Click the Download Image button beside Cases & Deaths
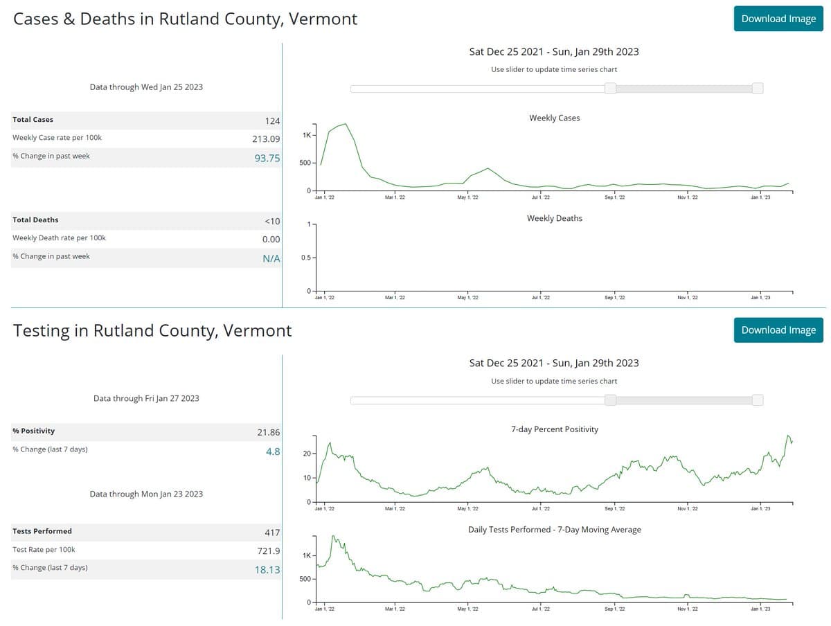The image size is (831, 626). coord(778,19)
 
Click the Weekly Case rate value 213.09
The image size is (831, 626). coord(266,138)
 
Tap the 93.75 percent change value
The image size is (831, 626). coord(267,158)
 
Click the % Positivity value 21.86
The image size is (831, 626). coord(268,432)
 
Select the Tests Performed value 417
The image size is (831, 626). coord(272,533)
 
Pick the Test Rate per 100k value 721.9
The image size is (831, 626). coord(268,551)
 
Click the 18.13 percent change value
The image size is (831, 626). coord(267,569)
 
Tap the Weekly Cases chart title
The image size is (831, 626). coord(554,118)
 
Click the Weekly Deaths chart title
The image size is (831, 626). coord(554,218)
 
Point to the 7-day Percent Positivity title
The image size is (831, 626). coord(554,429)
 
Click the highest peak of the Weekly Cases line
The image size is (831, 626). coord(345,124)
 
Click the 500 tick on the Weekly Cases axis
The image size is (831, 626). coord(305,163)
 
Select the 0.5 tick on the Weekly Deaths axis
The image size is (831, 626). coord(306,258)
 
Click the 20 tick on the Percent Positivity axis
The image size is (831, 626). coord(307,454)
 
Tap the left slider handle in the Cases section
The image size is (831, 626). coord(610,89)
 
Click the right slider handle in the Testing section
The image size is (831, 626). coord(758,400)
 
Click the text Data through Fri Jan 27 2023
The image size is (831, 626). coord(146,398)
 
